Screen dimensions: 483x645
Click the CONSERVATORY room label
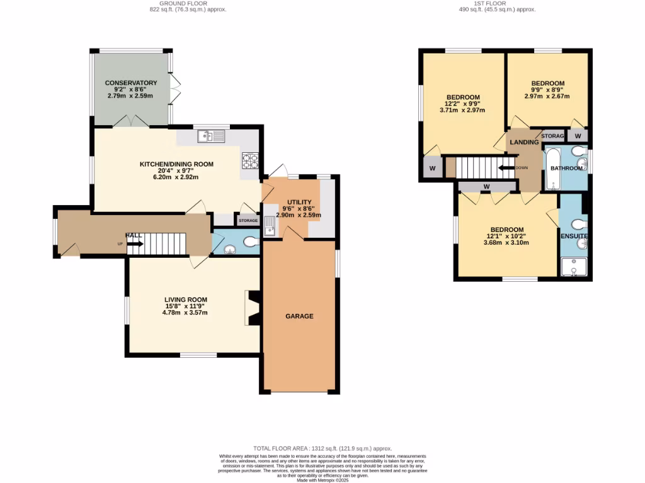[x=131, y=83]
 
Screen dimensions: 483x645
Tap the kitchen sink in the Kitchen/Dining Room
[x=210, y=136]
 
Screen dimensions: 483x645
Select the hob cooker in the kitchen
[x=250, y=161]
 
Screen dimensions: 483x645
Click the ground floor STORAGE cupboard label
[x=248, y=221]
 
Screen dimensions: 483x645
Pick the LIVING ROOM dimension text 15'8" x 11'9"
[x=185, y=306]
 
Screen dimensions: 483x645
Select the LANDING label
[x=524, y=142]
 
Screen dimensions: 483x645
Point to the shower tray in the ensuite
[x=573, y=267]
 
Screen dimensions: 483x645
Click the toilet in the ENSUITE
[x=579, y=224]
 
